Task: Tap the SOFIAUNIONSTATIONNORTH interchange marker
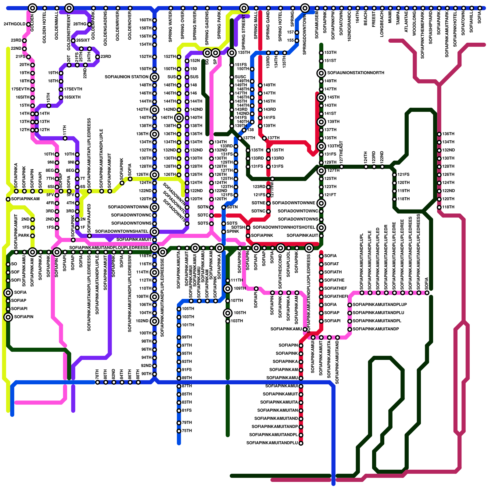[x=321, y=73]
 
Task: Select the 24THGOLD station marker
[x=28, y=24]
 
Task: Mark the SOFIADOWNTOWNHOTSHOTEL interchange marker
[x=321, y=228]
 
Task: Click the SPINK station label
[x=233, y=231]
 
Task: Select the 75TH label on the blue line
[x=187, y=431]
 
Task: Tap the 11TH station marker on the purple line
[x=65, y=138]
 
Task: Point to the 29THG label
[x=80, y=24]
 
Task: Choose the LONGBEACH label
[x=382, y=24]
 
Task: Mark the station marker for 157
[x=297, y=32]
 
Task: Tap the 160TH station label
[x=145, y=20]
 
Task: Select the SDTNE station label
[x=258, y=203]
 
